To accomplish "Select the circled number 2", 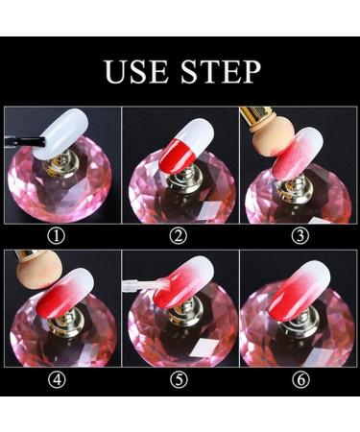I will (x=179, y=231).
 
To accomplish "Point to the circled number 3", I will (x=297, y=231).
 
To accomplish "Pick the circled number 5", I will (x=179, y=378).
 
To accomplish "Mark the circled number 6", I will (x=297, y=378).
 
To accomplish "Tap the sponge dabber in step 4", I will (x=28, y=274).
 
